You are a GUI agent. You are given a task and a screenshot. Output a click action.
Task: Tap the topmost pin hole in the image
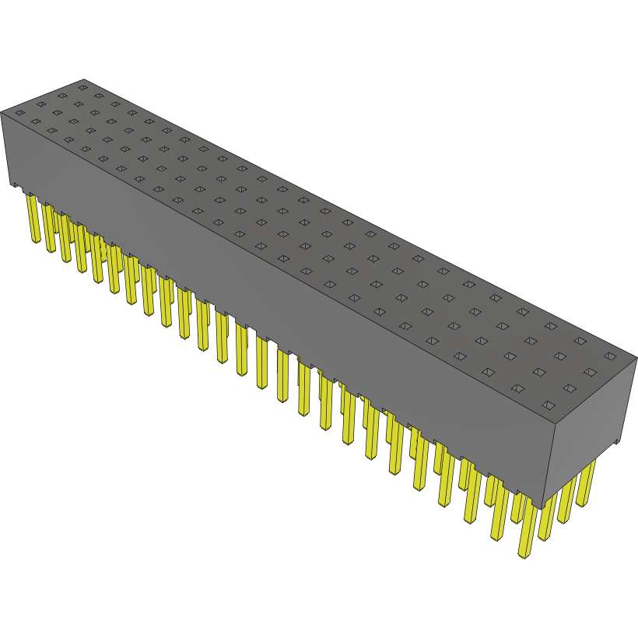(x=82, y=87)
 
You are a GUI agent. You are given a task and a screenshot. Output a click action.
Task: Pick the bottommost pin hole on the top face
(x=548, y=405)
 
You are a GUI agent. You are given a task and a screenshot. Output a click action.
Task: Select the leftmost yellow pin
(x=33, y=218)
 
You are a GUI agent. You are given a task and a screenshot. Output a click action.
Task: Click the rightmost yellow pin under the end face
(x=585, y=482)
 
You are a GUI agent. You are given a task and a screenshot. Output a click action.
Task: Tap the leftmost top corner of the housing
(x=2, y=110)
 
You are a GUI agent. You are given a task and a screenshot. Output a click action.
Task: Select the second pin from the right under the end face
(x=566, y=498)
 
